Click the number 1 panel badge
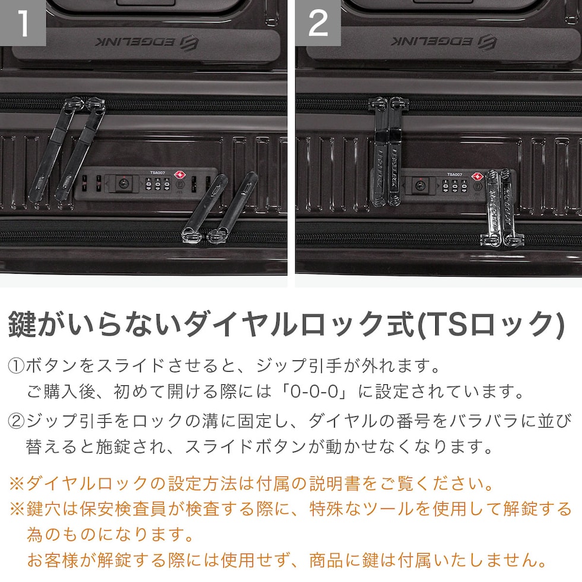pyautogui.click(x=23, y=23)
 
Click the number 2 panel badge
pyautogui.click(x=318, y=23)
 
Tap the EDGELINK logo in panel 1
pyautogui.click(x=147, y=42)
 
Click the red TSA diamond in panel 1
pyautogui.click(x=180, y=175)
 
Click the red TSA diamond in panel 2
pyautogui.click(x=477, y=176)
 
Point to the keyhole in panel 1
pyautogui.click(x=124, y=184)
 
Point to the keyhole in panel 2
pyautogui.click(x=420, y=185)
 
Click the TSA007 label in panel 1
pyautogui.click(x=157, y=173)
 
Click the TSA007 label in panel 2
pyautogui.click(x=455, y=174)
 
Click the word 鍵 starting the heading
pyautogui.click(x=23, y=324)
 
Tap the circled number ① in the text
pyautogui.click(x=16, y=366)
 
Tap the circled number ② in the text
pyautogui.click(x=16, y=421)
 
